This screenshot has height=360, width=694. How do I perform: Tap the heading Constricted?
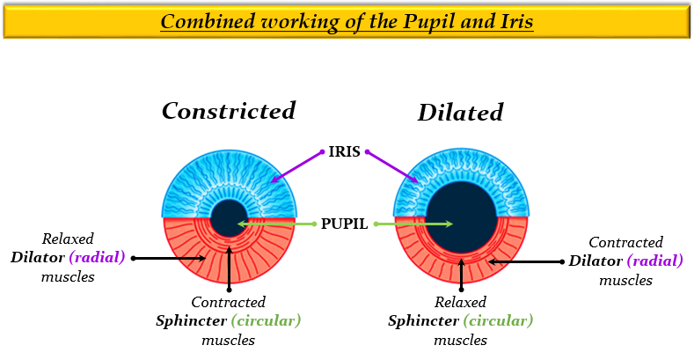pos(228,111)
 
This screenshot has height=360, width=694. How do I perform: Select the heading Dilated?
pos(460,113)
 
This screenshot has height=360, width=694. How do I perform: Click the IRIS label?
pos(344,151)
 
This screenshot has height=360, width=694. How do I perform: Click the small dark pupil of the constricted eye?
pos(228,217)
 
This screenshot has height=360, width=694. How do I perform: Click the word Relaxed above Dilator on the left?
pos(69,239)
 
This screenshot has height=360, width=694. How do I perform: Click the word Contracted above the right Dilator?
pos(625,242)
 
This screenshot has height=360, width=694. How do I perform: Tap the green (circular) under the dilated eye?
pos(500,321)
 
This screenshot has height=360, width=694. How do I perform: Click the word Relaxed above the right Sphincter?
pos(460,303)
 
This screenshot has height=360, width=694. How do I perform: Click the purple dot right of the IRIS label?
pos(367,151)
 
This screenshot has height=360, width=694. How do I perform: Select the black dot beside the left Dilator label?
pos(133,259)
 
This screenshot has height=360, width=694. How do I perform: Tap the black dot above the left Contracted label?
pos(228,289)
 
